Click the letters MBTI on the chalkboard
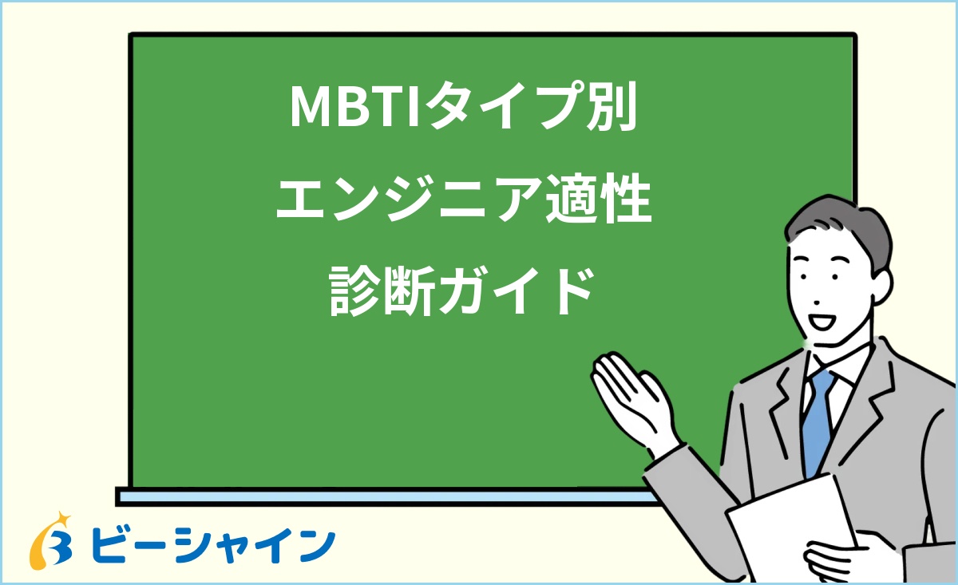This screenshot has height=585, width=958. tap(357, 108)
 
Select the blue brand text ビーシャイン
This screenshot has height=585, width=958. tap(212, 546)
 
